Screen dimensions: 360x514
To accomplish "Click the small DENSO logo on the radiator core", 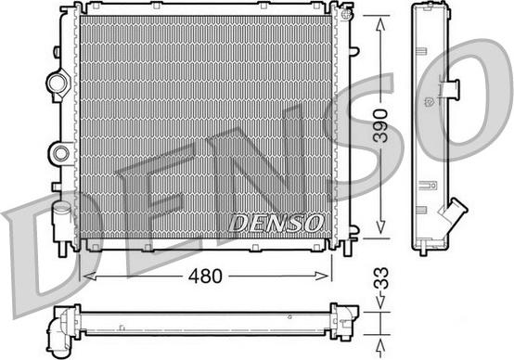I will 276,223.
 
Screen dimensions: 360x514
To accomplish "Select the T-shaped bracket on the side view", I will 453,89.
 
